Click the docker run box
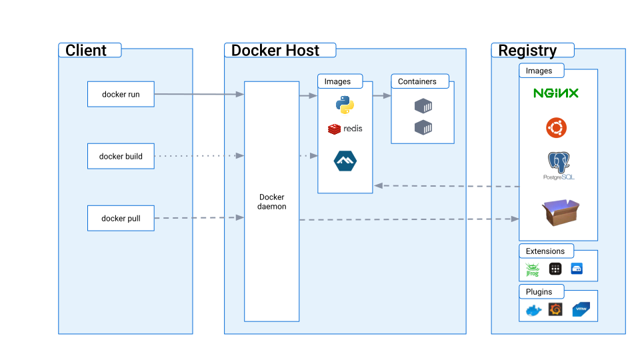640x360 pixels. [x=121, y=94]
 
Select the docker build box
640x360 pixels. [x=121, y=156]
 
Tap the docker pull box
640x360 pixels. [x=121, y=218]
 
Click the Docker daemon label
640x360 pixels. [x=271, y=202]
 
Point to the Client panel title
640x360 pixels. [x=86, y=51]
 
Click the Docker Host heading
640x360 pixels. [x=275, y=51]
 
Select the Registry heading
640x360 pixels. [x=527, y=51]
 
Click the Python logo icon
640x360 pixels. [x=345, y=105]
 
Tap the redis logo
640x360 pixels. [x=345, y=128]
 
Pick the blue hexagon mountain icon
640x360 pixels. [x=345, y=161]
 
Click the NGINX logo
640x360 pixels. [x=556, y=93]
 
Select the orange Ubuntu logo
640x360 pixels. [x=557, y=127]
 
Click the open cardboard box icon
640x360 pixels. [x=560, y=213]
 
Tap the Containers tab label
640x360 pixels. [x=417, y=81]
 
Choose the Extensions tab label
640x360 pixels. [x=545, y=251]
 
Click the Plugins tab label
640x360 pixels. [x=540, y=292]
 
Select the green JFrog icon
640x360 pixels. [x=532, y=269]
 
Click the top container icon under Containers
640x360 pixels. [x=423, y=105]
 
